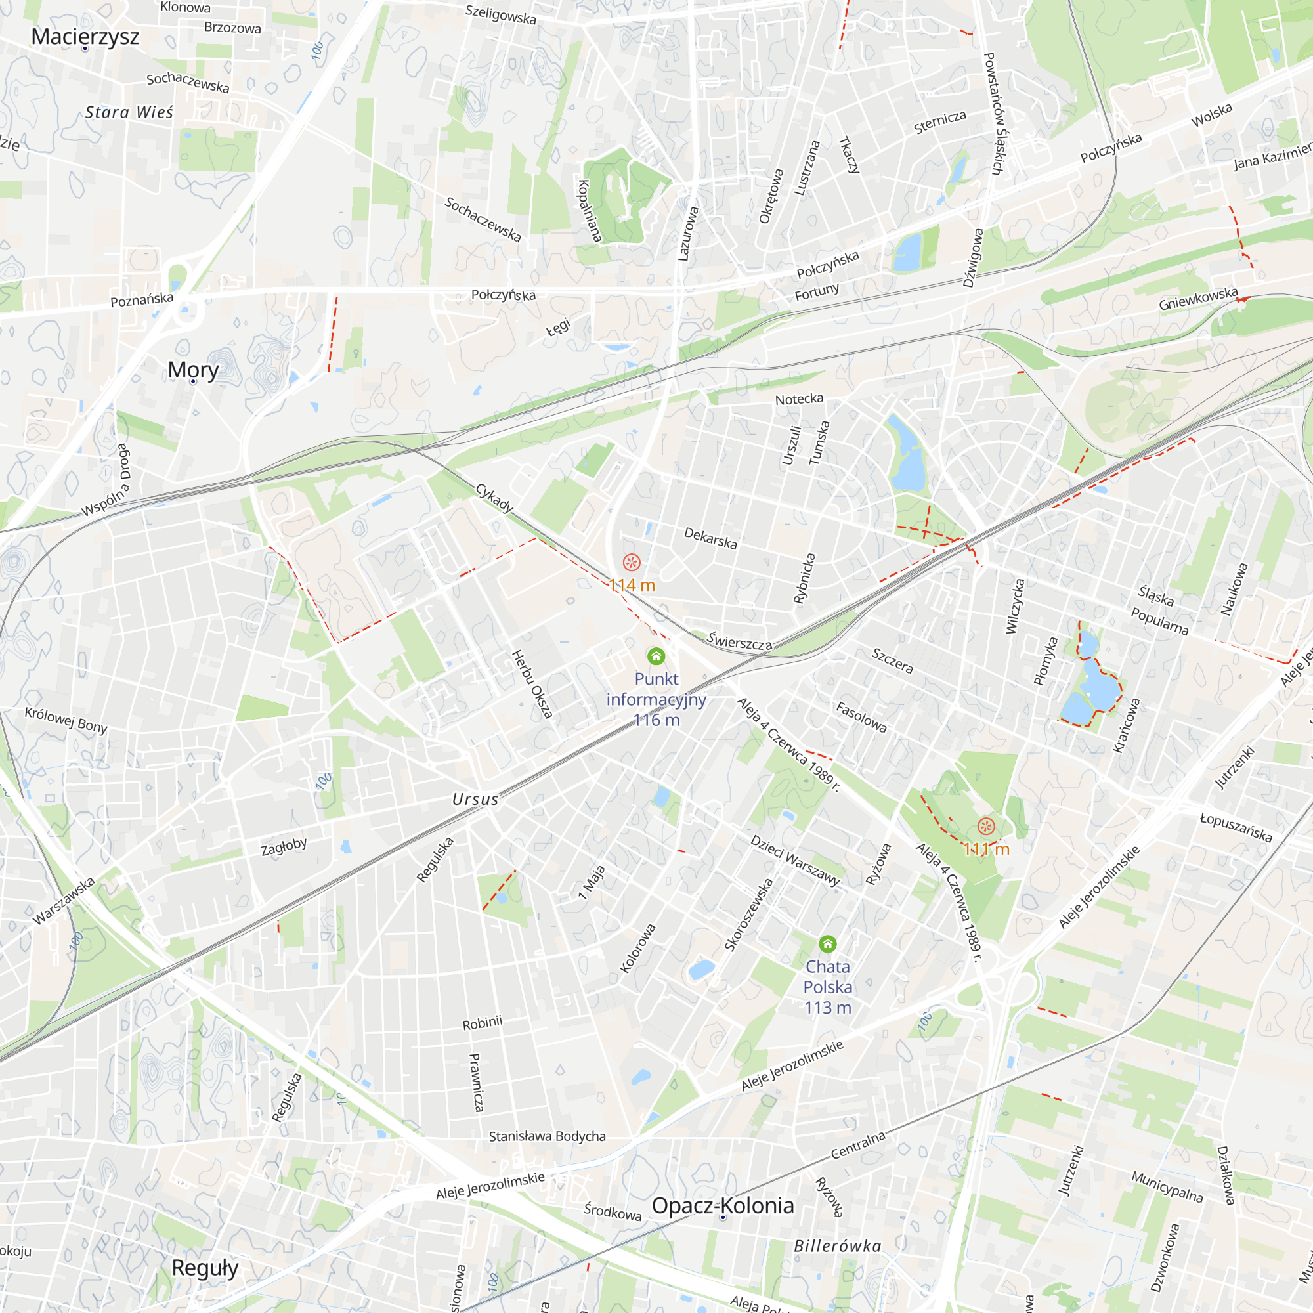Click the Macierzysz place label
(85, 36)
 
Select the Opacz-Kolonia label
(722, 1205)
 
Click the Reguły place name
(205, 1268)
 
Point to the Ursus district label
(475, 799)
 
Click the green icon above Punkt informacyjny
(656, 656)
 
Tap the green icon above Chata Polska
(827, 943)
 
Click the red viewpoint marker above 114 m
(632, 562)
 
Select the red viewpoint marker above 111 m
(985, 827)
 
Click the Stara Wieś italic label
(129, 112)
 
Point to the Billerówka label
(837, 1246)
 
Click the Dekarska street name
(710, 538)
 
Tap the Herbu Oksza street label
(532, 684)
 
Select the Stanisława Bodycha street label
(547, 1136)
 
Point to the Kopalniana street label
(590, 211)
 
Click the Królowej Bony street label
(66, 720)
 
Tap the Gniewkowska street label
(1198, 298)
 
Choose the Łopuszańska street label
(1236, 827)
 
